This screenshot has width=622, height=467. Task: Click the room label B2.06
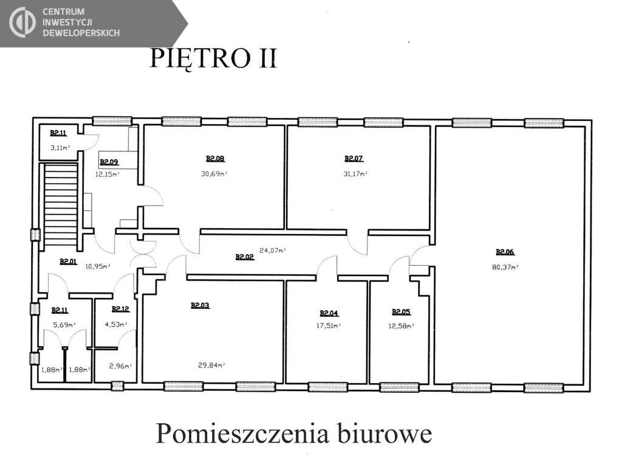coord(505,252)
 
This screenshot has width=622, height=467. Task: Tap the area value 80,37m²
coord(505,268)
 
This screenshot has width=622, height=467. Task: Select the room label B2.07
coord(354,159)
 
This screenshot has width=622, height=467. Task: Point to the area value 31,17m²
coord(355,173)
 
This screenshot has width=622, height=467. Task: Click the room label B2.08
coord(215,159)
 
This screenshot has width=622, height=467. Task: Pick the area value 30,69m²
coord(214,173)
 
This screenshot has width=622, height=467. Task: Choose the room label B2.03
coord(200,305)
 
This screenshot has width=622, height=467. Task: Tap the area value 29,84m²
coord(211,365)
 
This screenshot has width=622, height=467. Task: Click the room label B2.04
coord(329,313)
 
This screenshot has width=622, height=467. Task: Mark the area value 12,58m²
coord(401,326)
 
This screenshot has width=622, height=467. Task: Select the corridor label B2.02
coord(245,257)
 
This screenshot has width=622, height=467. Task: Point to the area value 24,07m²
coord(273,251)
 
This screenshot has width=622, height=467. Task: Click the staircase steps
coord(60,204)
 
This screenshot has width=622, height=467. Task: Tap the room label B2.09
coord(109,162)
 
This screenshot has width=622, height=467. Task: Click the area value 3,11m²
coord(60,148)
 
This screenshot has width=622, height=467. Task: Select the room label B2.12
coord(121,309)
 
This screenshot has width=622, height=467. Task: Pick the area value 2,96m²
coord(121,366)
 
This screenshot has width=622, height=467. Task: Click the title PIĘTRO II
coord(213,59)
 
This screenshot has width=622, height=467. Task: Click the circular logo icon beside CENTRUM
coord(22,22)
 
